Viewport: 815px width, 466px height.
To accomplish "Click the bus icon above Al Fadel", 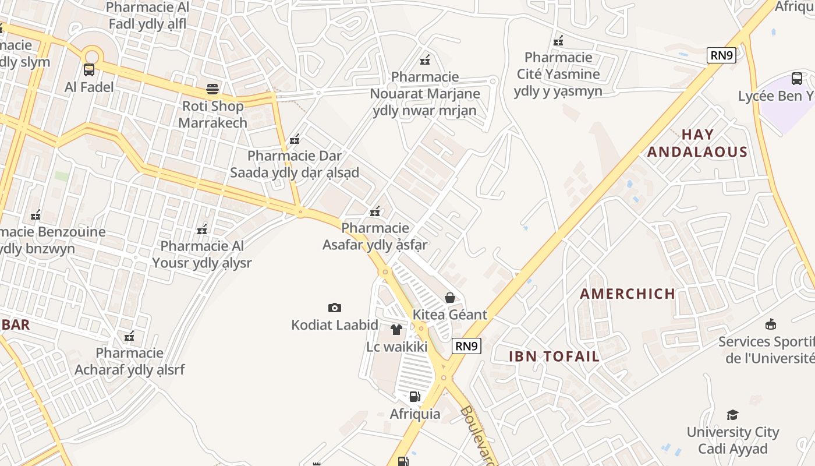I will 89,70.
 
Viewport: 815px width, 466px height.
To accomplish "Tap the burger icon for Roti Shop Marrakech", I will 212,89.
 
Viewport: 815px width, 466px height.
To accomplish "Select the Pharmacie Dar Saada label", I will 295,164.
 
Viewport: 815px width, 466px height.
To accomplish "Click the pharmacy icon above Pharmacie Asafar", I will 375,211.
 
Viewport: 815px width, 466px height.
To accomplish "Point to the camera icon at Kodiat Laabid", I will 335,308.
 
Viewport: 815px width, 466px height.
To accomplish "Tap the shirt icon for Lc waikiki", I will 396,330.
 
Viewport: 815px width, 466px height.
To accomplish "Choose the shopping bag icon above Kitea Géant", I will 450,298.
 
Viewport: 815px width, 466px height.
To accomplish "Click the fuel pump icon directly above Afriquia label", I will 415,397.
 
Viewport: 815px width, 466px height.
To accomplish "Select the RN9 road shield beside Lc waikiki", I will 466,346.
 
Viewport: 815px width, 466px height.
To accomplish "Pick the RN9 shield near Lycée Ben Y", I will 722,55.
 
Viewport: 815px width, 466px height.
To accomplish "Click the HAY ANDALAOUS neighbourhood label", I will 697,143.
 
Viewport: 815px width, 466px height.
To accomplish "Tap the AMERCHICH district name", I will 628,294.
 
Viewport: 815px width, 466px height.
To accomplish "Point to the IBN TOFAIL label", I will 554,356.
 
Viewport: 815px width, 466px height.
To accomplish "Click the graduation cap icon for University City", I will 732,415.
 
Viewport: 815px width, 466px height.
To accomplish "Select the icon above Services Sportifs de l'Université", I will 771,324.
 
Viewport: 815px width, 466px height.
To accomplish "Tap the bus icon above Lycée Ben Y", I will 797,78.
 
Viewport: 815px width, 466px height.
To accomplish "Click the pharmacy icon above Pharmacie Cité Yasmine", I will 558,40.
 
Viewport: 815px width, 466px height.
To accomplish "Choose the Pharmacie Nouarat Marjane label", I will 426,93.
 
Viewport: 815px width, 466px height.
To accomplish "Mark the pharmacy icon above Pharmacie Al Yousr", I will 202,229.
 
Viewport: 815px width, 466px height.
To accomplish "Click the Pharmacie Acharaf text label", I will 130,361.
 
